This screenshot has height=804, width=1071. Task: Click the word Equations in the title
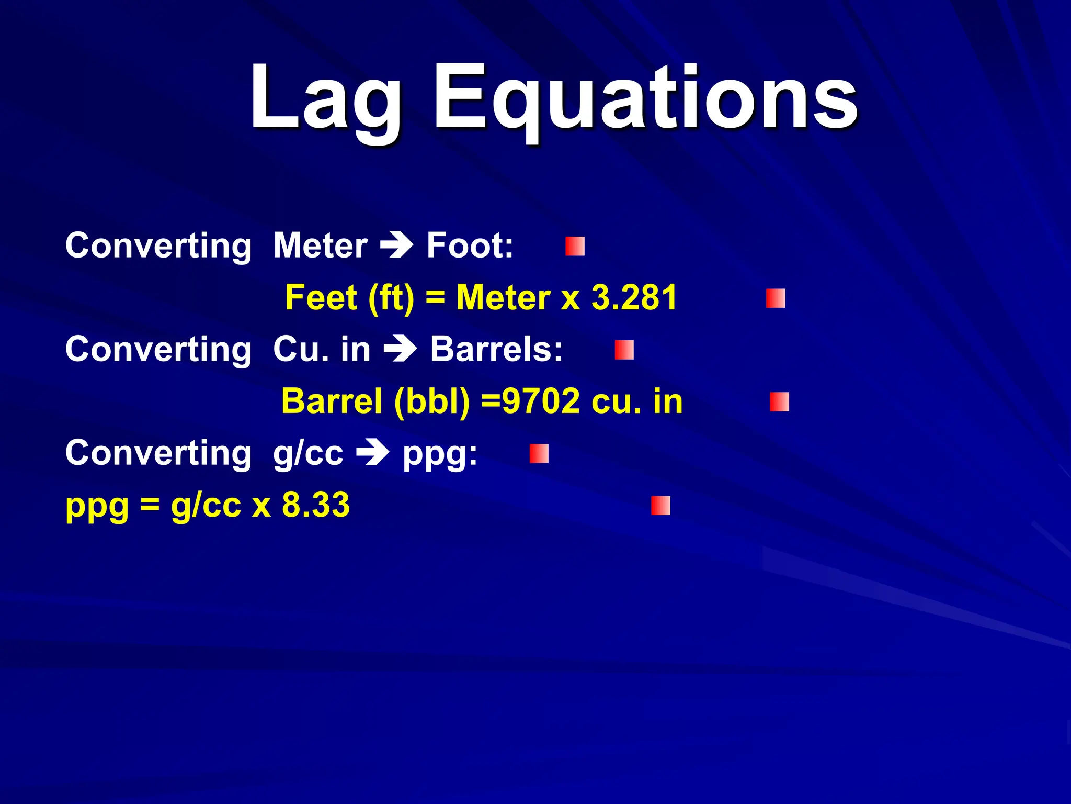[x=645, y=99]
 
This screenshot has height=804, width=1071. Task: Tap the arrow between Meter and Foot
[x=396, y=245]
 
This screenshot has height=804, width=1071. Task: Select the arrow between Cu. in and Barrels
[x=400, y=349]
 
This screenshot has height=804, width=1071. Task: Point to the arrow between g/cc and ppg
[x=372, y=453]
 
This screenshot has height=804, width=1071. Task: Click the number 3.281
[x=634, y=297]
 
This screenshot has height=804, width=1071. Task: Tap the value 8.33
[x=315, y=505]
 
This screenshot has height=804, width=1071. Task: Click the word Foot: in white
[x=470, y=245]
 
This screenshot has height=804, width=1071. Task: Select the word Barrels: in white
[x=496, y=349]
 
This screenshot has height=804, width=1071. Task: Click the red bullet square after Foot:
[x=575, y=246]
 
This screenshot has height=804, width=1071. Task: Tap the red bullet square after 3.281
[x=776, y=298]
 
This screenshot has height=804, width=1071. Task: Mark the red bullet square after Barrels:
[x=624, y=350]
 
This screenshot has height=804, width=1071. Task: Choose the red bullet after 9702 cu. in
[x=779, y=402]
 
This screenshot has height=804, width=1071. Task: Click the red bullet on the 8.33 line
[x=660, y=506]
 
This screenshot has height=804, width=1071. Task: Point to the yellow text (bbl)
[x=432, y=402]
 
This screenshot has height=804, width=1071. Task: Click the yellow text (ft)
[x=391, y=298]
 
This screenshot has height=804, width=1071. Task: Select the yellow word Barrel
[x=332, y=401]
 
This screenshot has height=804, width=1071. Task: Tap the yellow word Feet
[x=321, y=297]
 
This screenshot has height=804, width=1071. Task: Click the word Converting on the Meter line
[x=158, y=245]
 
